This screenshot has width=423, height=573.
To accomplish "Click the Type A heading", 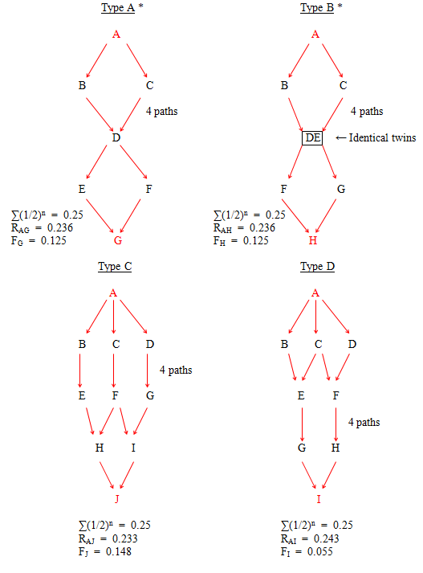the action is pos(118,8).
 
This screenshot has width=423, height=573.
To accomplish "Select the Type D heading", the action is pos(317,266).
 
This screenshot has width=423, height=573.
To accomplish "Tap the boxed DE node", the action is pos(312,137).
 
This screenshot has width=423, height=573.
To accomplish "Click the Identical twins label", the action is pos(382,137).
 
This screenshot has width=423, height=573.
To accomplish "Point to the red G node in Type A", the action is pos(117,240).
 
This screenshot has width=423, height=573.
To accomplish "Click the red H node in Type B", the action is pos(313,240).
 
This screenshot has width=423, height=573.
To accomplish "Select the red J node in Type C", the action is pos(117,499).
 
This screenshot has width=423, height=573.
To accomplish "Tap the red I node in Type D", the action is pos(319,499).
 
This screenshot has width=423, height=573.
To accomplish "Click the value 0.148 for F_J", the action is pos(118,551).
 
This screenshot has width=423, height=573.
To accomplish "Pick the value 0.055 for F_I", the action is pos(319,551).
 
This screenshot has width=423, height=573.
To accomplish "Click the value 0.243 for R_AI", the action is pos(327,538).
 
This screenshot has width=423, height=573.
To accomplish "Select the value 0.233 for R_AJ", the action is pos(125,538).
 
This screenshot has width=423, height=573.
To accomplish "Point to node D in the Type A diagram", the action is pos(116,137).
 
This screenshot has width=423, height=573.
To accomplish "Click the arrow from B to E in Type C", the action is pos(80,370).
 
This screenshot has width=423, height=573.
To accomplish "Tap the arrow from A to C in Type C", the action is pos(113,317).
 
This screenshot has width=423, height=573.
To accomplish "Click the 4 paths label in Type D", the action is pos(364,423).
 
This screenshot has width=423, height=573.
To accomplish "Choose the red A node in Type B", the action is pos(315,35).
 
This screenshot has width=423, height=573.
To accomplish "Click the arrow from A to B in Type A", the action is pos(96,60).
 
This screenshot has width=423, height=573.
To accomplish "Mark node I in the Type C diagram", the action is pos(133,448).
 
